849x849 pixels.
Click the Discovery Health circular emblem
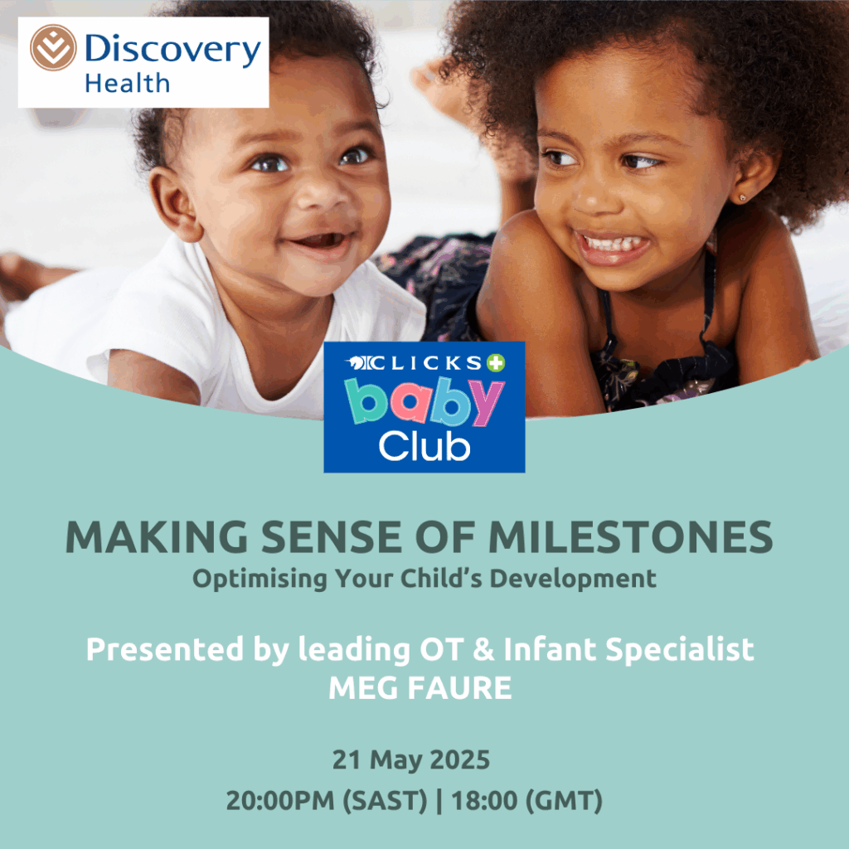pyautogui.click(x=53, y=47)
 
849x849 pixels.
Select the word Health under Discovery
pyautogui.click(x=127, y=84)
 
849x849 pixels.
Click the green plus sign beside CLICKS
pyautogui.click(x=496, y=363)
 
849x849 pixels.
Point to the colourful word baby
pyautogui.click(x=424, y=401)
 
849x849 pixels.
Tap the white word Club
pyautogui.click(x=424, y=447)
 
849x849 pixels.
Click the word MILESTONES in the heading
pyautogui.click(x=630, y=537)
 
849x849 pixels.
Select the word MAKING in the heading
pyautogui.click(x=157, y=537)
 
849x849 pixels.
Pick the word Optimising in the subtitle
pyautogui.click(x=260, y=580)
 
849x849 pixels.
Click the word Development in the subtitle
pyautogui.click(x=573, y=580)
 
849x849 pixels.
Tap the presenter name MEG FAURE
pyautogui.click(x=420, y=688)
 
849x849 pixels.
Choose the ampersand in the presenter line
pyautogui.click(x=483, y=650)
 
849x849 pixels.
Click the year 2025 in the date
pyautogui.click(x=459, y=759)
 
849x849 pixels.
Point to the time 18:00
pyautogui.click(x=484, y=801)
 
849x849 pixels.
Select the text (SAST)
pyautogui.click(x=385, y=802)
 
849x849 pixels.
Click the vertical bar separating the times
pyautogui.click(x=439, y=802)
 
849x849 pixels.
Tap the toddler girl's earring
pyautogui.click(x=742, y=198)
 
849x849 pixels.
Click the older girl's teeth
pyautogui.click(x=613, y=243)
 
